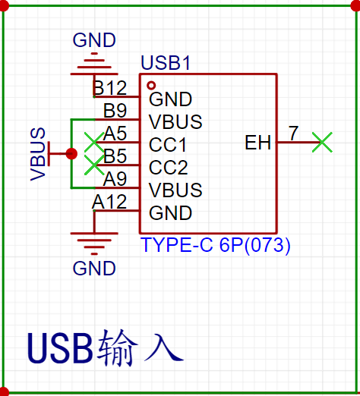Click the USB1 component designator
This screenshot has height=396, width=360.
pos(166,63)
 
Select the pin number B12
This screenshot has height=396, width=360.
pos(109,88)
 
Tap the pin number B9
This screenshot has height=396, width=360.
pos(115,111)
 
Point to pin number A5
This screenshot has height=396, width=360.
pos(115,134)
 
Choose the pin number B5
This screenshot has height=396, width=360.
pos(115,156)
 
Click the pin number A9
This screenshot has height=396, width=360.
pos(115,179)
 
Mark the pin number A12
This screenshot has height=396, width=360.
pos(109,202)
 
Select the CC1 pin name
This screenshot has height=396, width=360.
pos(168,145)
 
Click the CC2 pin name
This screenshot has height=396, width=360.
pos(169,168)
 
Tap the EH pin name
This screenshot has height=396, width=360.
pos(258,143)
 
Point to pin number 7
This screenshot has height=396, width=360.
pos(293,134)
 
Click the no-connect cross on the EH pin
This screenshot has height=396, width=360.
pos(322,142)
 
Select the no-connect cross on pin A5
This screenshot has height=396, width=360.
pos(94,142)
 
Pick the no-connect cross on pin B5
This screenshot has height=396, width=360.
pos(94,165)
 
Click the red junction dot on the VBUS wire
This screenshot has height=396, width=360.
pos(71,153)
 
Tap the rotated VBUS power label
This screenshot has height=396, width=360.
pos(38,154)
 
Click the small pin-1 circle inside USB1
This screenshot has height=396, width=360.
pos(151,86)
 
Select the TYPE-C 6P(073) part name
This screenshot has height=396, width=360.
pos(216,245)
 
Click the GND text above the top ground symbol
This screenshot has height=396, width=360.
pos(94,40)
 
